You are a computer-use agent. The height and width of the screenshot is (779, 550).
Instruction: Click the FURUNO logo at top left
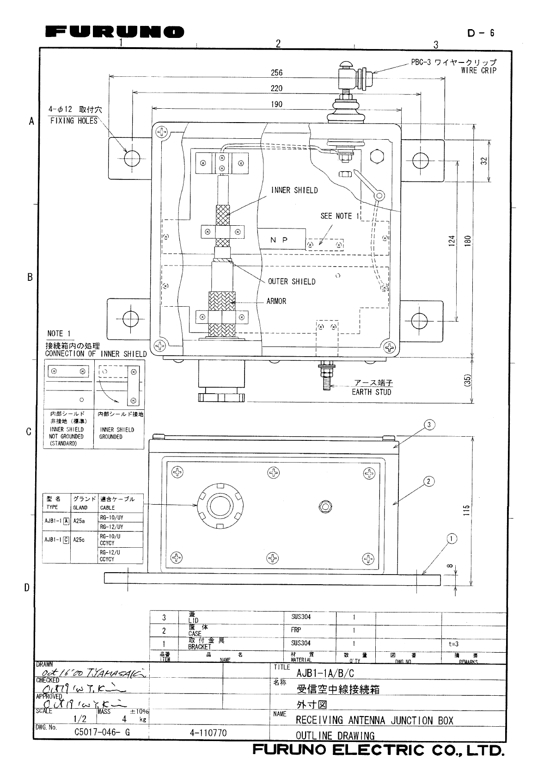pos(115,32)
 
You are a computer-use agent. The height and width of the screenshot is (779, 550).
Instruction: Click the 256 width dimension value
pos(276,73)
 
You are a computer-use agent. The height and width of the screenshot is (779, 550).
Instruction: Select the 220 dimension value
pos(276,88)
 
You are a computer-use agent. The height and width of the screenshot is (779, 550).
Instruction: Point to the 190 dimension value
pos(276,105)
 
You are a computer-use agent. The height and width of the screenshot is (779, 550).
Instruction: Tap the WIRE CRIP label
pos(478,71)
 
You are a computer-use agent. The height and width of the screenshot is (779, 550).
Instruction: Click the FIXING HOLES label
pos(74,121)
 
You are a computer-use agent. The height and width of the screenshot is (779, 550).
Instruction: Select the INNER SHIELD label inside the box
pos(294,190)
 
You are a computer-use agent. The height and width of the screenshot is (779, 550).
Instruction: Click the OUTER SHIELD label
pos(292,281)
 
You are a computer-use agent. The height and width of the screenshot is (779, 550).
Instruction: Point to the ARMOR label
pos(276,301)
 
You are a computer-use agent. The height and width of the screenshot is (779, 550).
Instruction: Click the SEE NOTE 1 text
pos(340,216)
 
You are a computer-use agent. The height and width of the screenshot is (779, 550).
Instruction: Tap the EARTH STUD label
pos(371,392)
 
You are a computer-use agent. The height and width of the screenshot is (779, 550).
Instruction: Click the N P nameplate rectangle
pos(281,240)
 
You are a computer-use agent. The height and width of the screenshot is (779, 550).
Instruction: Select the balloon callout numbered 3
pos(429,424)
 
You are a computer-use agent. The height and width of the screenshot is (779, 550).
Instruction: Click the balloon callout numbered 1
pos(452,538)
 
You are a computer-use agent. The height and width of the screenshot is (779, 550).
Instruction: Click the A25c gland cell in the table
pos(79,539)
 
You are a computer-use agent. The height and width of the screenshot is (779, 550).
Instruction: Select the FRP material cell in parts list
pos(296,630)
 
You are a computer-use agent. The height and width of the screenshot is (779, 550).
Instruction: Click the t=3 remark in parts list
pos(454,643)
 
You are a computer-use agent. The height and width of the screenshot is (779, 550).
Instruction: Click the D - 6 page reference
pos(481,33)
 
